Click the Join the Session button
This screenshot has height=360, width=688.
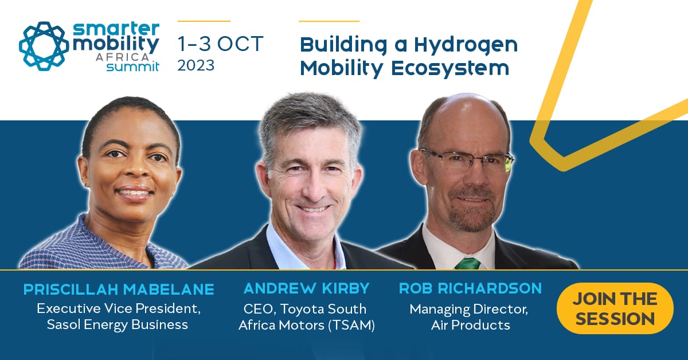pyautogui.click(x=615, y=308)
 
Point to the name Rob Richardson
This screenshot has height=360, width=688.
pyautogui.click(x=470, y=288)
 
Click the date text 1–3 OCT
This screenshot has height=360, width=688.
pyautogui.click(x=220, y=44)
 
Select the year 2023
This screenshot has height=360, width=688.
pyautogui.click(x=196, y=65)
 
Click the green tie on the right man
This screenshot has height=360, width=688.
pyautogui.click(x=468, y=263)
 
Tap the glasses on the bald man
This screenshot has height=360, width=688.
pyautogui.click(x=466, y=159)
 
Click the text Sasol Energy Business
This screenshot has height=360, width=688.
pyautogui.click(x=119, y=324)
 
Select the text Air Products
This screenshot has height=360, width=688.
pyautogui.click(x=470, y=325)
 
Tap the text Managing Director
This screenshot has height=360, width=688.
pyautogui.click(x=468, y=309)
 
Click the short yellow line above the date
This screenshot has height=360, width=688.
pyautogui.click(x=204, y=21)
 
